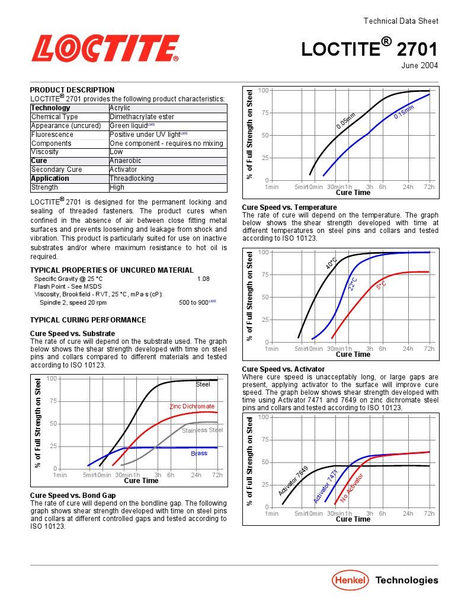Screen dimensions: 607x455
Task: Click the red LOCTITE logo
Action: [105, 48]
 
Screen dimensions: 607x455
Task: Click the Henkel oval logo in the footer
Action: [350, 580]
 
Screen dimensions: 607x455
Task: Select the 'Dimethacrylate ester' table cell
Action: [142, 117]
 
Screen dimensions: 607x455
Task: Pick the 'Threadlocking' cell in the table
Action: [132, 178]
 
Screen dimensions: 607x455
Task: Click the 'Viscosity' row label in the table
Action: [45, 152]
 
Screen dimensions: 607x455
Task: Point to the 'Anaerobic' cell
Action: [125, 161]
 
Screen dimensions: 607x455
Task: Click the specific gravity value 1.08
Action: [203, 279]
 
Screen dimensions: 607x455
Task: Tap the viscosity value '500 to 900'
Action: [194, 302]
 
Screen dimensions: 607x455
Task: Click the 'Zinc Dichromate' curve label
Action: [192, 407]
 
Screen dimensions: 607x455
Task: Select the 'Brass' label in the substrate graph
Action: [199, 453]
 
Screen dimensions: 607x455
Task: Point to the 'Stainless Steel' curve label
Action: [202, 430]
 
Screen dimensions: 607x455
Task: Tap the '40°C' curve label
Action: [331, 263]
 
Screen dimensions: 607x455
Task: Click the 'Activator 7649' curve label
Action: [294, 481]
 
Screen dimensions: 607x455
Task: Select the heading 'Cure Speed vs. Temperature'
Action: [289, 207]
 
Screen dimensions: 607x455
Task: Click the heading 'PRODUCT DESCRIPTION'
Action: [72, 90]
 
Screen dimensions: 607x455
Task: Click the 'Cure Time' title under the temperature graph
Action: [353, 354]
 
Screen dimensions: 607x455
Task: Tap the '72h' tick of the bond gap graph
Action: [429, 187]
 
